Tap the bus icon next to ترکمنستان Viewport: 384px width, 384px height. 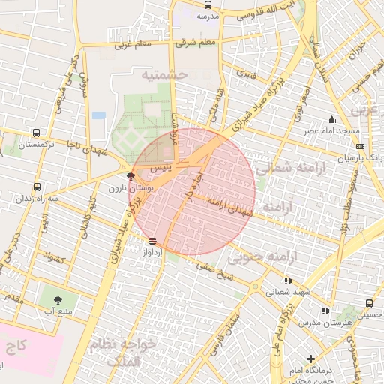(x=37, y=133)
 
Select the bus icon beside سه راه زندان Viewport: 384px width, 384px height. (x=37, y=187)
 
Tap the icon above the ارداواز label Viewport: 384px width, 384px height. (x=153, y=241)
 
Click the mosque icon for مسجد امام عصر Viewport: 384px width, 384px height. (x=331, y=120)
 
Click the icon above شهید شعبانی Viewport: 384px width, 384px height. (x=288, y=280)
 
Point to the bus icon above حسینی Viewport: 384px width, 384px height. (x=370, y=303)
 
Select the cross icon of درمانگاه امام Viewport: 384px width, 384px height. (x=310, y=358)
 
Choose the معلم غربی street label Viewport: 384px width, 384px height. (x=133, y=44)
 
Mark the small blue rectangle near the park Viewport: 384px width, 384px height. (x=99, y=115)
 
